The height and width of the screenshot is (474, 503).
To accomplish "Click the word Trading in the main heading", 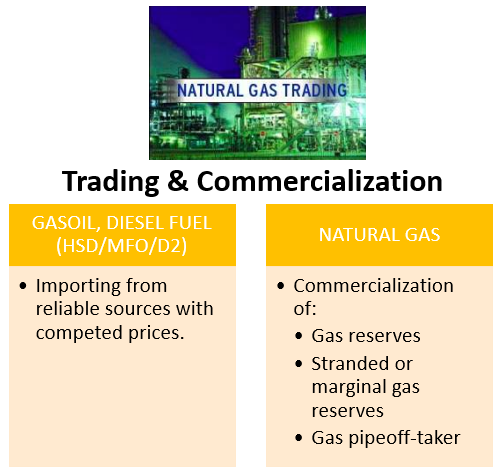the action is coord(110,182).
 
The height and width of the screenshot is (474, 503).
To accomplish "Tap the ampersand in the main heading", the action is coord(178,180).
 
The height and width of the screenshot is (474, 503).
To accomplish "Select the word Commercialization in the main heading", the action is coord(320,180).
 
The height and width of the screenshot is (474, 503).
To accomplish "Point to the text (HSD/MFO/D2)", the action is coord(122,246).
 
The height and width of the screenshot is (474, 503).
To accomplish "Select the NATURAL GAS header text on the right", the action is coord(379,235).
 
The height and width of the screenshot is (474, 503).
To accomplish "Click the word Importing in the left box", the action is coord(78,287).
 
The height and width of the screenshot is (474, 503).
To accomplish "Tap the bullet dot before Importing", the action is coord(23,286).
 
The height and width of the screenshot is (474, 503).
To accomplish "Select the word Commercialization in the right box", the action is coord(373,286).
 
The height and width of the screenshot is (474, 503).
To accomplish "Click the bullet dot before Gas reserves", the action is coord(299,336).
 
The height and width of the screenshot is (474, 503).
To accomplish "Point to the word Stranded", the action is coord(350,363).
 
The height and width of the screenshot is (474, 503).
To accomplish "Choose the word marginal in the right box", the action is coord(349,388).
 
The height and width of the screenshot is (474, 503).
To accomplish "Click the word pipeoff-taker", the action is coord(404,438).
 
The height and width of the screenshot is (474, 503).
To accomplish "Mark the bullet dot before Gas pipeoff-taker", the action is coord(299,438).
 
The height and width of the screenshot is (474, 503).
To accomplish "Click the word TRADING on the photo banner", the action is coord(315,91).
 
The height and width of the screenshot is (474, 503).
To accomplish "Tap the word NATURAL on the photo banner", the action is coord(210,91).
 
